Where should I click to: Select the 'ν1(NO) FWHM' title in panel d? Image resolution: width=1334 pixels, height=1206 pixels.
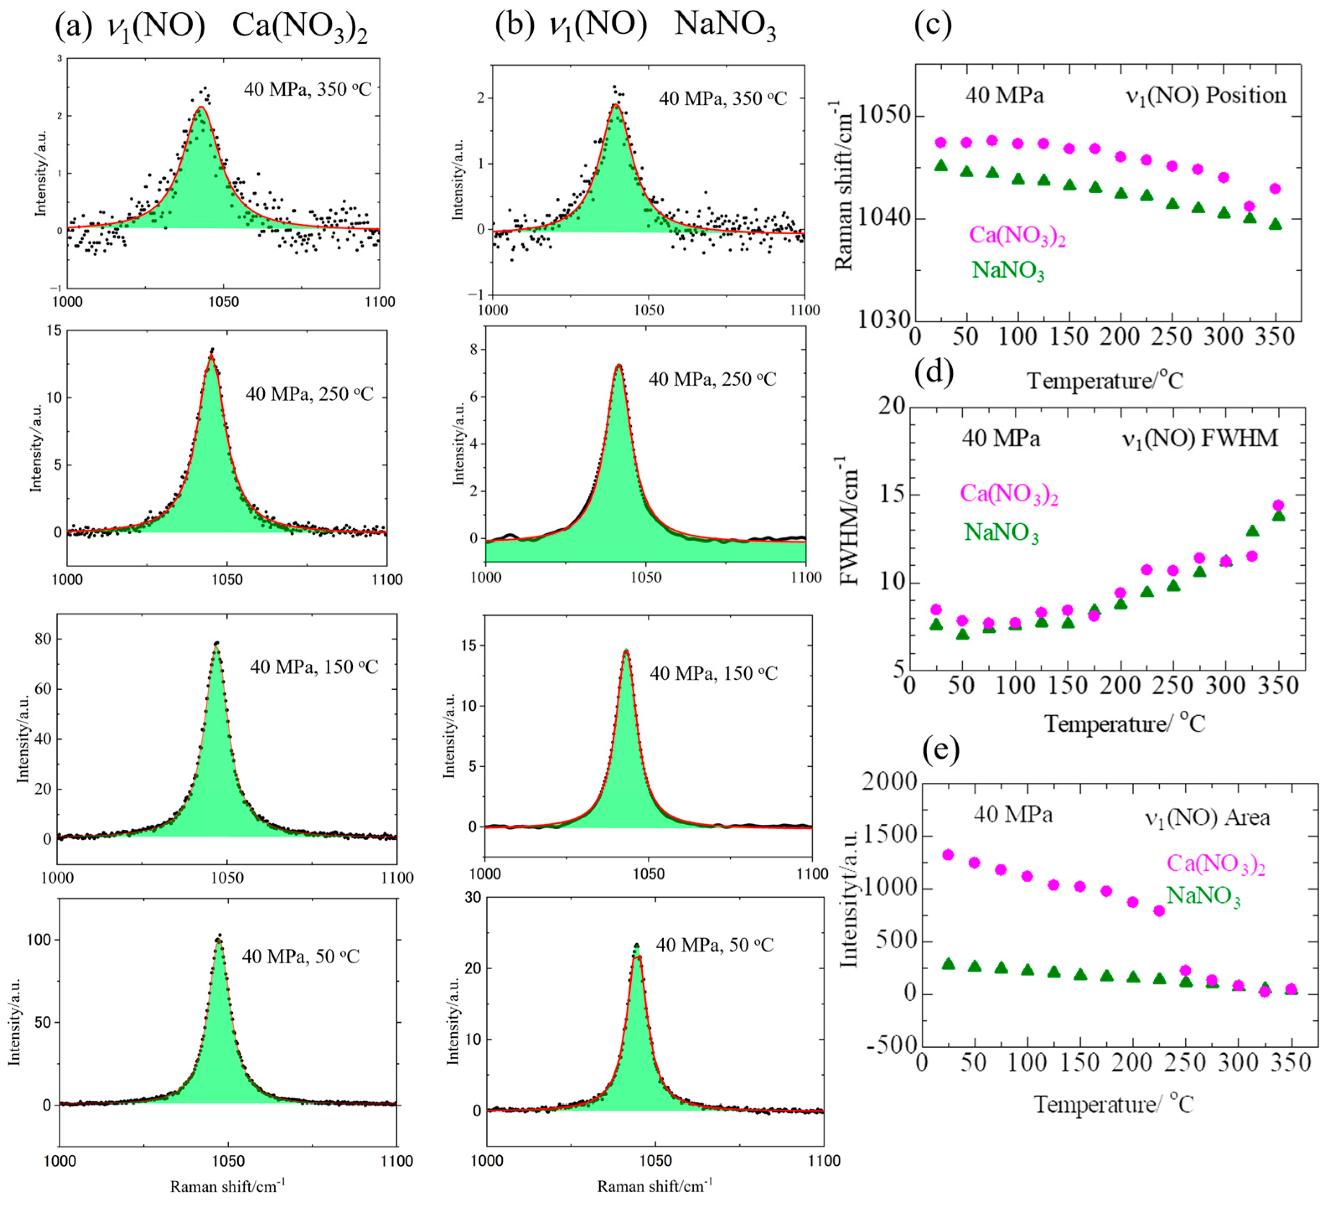[x=1200, y=439]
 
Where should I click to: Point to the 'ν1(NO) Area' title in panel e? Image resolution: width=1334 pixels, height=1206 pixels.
[x=1207, y=818]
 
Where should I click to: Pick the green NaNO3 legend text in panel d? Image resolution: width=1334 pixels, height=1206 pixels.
[x=1001, y=532]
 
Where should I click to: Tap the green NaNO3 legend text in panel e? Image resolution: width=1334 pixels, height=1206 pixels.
[x=1203, y=896]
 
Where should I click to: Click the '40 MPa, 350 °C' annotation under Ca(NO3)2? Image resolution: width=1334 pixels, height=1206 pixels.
[x=308, y=89]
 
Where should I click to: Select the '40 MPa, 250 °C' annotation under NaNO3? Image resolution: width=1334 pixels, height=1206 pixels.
[x=712, y=379]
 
